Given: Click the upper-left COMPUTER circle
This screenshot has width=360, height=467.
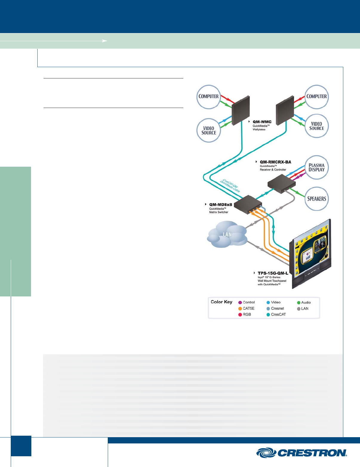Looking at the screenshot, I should pyautogui.click(x=209, y=96).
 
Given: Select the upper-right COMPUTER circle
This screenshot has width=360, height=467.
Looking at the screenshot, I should pyautogui.click(x=316, y=96).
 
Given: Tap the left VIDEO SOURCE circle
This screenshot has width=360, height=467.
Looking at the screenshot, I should pyautogui.click(x=209, y=130).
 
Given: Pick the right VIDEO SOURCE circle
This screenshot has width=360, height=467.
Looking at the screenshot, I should pyautogui.click(x=316, y=126).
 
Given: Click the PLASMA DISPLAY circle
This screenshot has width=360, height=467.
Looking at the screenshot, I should pyautogui.click(x=316, y=167).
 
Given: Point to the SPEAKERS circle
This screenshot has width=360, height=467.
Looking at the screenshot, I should pyautogui.click(x=316, y=198).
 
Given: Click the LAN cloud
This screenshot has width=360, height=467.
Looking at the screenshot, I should pyautogui.click(x=227, y=235).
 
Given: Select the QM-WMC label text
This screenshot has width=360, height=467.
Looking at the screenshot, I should pyautogui.click(x=262, y=122).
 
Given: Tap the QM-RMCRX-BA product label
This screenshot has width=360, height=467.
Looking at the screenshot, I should pyautogui.click(x=275, y=162).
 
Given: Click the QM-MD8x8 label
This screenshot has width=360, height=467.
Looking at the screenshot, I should pyautogui.click(x=221, y=205).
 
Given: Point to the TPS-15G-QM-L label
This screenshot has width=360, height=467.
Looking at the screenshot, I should pyautogui.click(x=273, y=273).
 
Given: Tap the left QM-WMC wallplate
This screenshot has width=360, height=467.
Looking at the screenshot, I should pyautogui.click(x=241, y=112).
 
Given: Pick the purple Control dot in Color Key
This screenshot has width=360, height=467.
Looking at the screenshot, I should pyautogui.click(x=240, y=302).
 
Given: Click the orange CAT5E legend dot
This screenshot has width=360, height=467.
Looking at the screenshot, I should pyautogui.click(x=240, y=309).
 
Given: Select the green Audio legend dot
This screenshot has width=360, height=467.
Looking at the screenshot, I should pyautogui.click(x=299, y=302).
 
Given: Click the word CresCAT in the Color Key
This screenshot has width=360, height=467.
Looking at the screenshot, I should pyautogui.click(x=278, y=315).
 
